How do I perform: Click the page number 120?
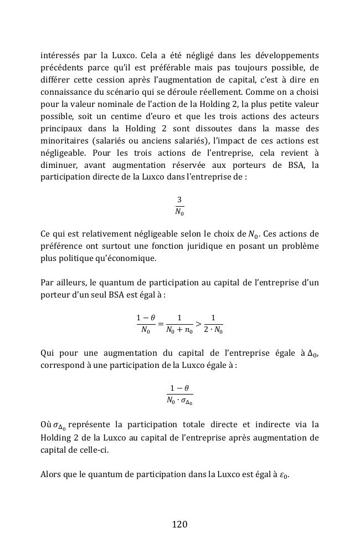(179, 524)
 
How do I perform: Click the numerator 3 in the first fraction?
(179, 199)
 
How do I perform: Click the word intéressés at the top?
(60, 56)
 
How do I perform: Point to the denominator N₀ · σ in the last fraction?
(179, 400)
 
